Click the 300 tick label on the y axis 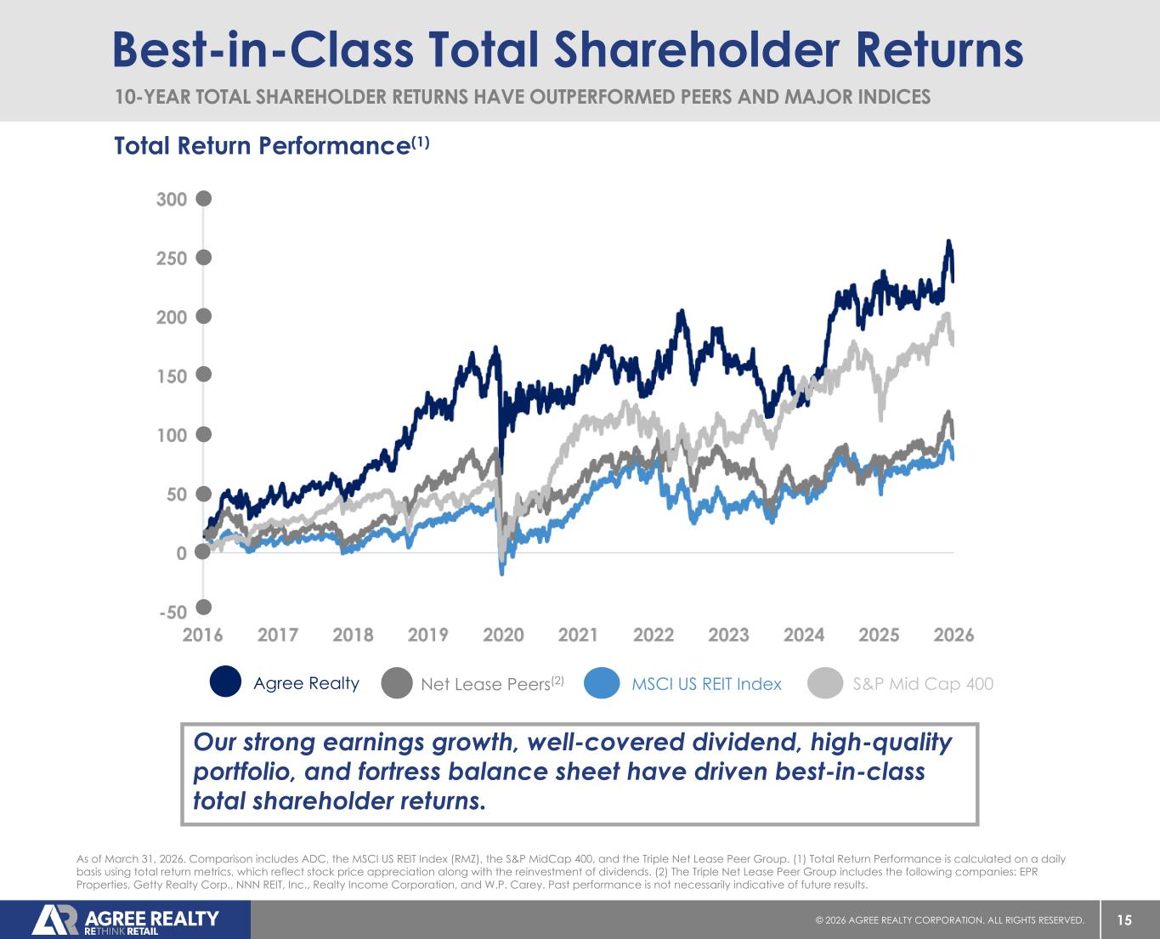pos(172,200)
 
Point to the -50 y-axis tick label pos(173,612)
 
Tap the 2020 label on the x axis pos(503,635)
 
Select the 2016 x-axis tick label pos(202,635)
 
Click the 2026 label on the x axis pos(953,635)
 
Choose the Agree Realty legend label pos(306,683)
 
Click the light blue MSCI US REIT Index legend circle pos(603,683)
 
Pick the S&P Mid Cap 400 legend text pos(922,683)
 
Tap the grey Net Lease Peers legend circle pos(397,683)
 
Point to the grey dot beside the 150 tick pos(203,374)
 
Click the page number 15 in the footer pos(1124,919)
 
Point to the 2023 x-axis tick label pos(728,635)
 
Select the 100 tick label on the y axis pos(172,435)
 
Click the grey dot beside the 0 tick pos(202,552)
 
